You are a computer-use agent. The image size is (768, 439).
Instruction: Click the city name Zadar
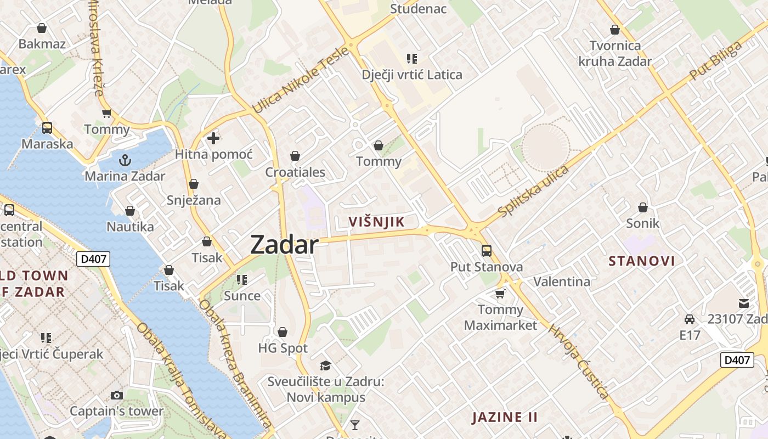tap(284, 245)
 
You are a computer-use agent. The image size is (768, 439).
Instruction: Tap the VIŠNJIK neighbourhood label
tap(377, 222)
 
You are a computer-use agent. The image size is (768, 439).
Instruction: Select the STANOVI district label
tap(642, 261)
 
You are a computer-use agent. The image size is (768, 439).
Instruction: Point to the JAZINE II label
tap(505, 417)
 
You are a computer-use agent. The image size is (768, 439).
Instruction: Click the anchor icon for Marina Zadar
tap(125, 160)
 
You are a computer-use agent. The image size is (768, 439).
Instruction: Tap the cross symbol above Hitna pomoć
tap(213, 138)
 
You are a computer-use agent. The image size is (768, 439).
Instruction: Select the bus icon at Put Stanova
tap(486, 251)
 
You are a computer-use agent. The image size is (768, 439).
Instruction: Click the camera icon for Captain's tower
tap(116, 395)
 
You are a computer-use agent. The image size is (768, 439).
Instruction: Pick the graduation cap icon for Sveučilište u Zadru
tap(326, 365)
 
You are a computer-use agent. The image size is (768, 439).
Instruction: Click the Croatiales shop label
tap(295, 172)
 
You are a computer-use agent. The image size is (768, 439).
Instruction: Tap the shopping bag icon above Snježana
tap(194, 184)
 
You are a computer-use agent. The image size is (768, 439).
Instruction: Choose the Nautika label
tap(130, 227)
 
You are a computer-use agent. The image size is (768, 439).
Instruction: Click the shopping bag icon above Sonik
tap(643, 207)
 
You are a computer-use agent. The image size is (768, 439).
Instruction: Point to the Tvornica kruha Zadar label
tap(615, 53)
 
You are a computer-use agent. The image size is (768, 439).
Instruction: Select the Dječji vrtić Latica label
tap(412, 75)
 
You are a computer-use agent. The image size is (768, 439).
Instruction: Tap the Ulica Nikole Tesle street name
tap(300, 81)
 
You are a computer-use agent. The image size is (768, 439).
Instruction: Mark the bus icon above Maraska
tap(47, 128)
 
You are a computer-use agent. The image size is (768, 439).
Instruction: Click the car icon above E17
tap(690, 319)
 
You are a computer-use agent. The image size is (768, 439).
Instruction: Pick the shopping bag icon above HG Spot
tap(283, 332)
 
